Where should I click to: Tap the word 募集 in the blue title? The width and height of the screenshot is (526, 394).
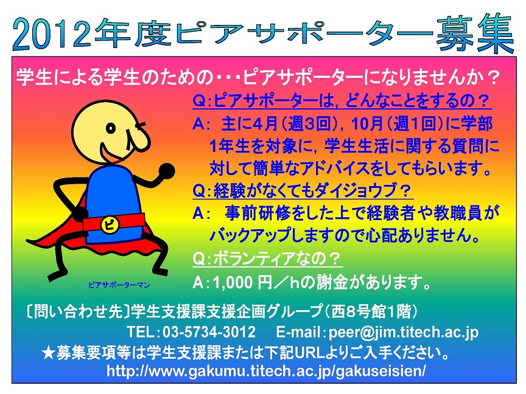tap(474, 33)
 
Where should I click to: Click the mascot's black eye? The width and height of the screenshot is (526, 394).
tap(111, 128)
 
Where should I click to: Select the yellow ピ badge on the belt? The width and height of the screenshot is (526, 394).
tap(110, 224)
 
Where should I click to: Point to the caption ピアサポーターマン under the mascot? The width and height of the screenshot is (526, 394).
tap(119, 285)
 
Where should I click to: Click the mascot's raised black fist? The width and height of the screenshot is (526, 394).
tap(166, 171)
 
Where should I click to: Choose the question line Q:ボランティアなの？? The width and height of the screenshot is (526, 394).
tap(267, 258)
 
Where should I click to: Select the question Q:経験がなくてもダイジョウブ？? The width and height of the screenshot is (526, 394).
tap(302, 191)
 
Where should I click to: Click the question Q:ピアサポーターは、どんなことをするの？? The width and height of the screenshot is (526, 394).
tap(342, 100)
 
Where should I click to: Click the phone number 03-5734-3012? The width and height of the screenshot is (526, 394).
tap(209, 332)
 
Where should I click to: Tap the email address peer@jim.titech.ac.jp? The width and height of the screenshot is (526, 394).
tap(404, 332)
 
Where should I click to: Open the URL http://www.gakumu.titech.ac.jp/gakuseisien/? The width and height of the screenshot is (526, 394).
tap(266, 371)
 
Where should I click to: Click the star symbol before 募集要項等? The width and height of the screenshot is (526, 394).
tap(48, 353)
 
